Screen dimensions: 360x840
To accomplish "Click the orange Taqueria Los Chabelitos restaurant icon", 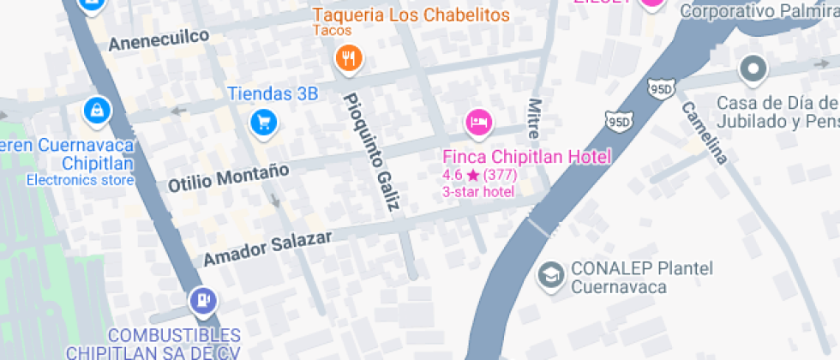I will point(348,58).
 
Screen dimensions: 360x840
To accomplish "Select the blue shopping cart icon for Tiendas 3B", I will point(263,123).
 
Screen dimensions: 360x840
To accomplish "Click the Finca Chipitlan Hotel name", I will point(526,157).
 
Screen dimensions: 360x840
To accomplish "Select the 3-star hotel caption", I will point(478,192).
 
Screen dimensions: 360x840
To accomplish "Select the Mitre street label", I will point(535,117).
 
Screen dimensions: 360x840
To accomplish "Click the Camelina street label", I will point(705,133).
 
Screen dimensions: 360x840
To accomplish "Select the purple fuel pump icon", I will point(203,301).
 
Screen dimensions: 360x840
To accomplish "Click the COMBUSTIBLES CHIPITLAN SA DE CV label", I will point(153,343).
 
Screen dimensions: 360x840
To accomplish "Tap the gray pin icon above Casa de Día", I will point(753,69).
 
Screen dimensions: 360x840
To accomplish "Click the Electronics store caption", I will point(80,180).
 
